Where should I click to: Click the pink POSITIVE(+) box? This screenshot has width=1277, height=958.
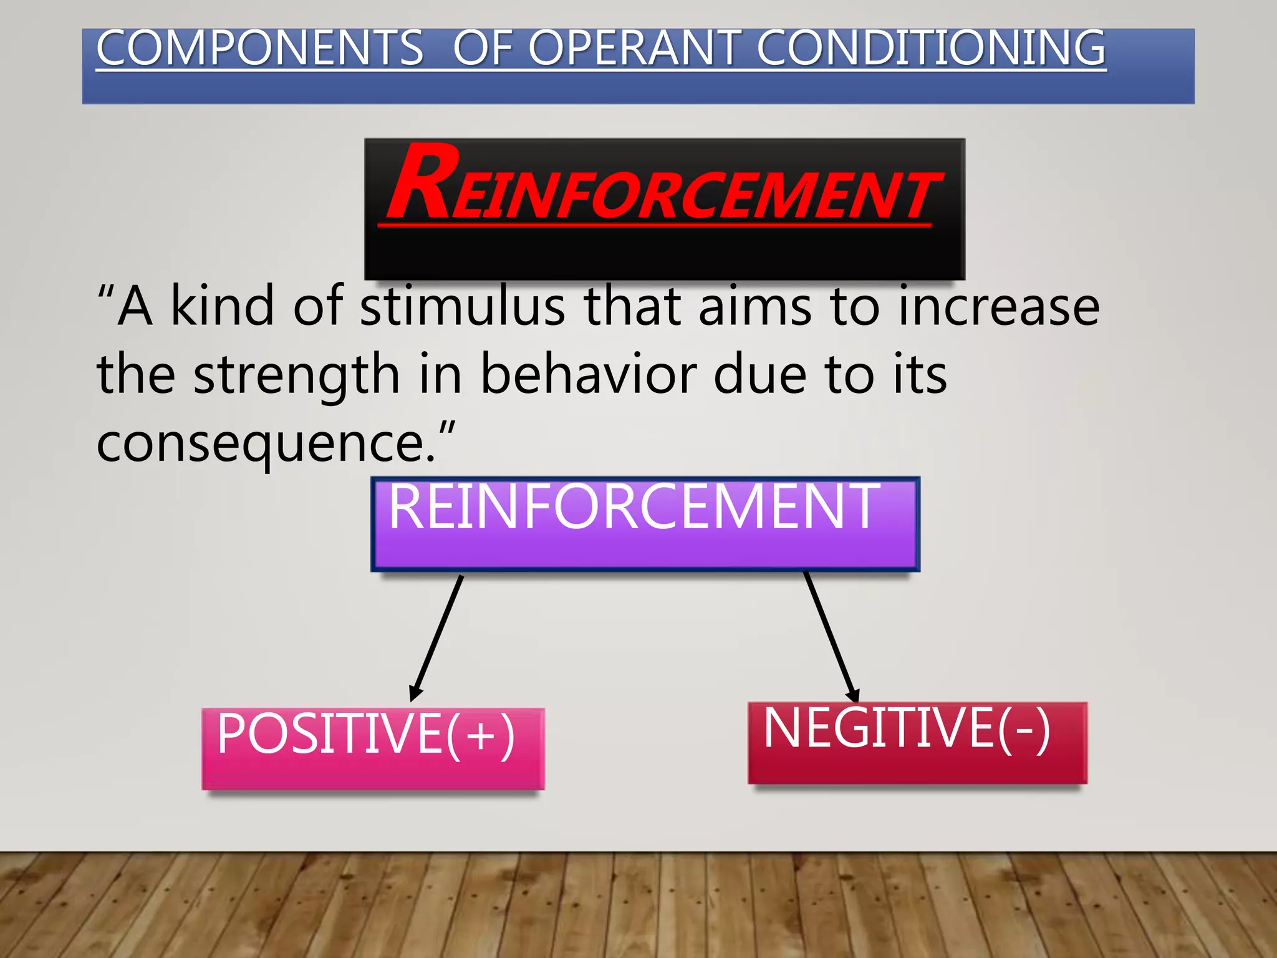click(x=373, y=748)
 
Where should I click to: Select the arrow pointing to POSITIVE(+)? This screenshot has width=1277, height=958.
click(x=436, y=637)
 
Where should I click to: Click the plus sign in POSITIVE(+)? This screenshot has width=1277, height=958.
click(x=480, y=736)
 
